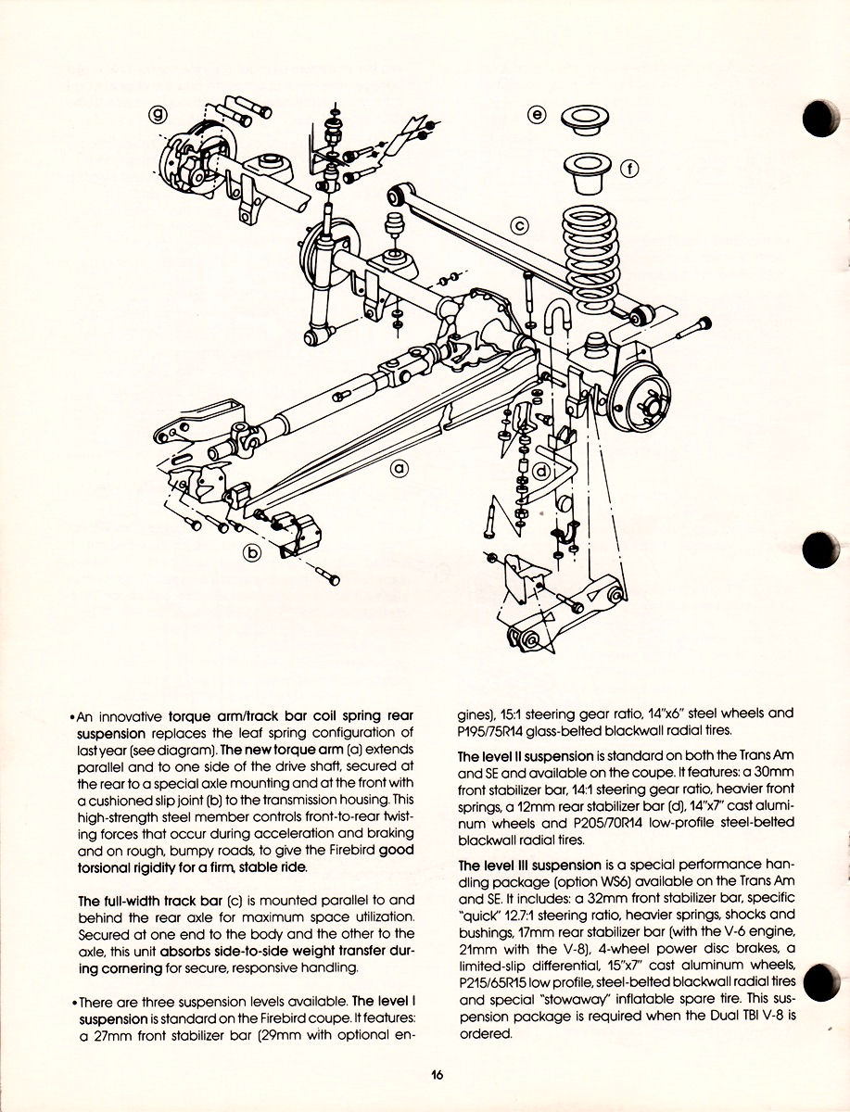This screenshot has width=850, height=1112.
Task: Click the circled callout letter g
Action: point(159,114)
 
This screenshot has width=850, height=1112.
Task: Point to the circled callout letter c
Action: point(519,224)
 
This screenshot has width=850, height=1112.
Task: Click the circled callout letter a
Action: point(399,469)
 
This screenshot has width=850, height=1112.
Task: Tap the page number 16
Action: point(437,1075)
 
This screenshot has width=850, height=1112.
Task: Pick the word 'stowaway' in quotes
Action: point(573,1000)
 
